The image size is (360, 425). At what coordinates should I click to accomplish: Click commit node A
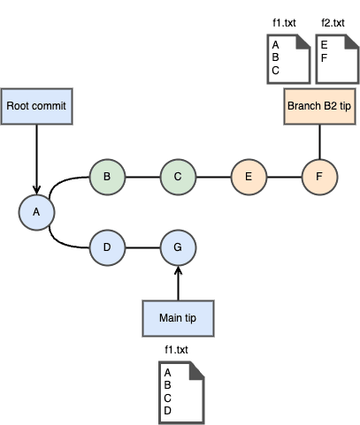click(36, 212)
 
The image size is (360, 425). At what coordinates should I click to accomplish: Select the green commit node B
click(107, 177)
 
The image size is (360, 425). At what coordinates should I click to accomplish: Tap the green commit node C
click(178, 177)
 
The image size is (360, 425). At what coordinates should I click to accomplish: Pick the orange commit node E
click(249, 177)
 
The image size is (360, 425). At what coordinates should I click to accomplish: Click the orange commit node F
click(319, 177)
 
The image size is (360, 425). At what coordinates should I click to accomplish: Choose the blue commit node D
click(107, 247)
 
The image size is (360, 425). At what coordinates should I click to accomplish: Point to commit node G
click(178, 247)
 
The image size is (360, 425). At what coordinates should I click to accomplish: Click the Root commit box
click(36, 106)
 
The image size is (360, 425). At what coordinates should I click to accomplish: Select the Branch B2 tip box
click(319, 106)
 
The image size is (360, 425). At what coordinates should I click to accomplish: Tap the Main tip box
click(178, 318)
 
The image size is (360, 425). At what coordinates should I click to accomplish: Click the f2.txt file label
click(333, 23)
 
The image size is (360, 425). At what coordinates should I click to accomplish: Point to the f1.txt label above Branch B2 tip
click(284, 23)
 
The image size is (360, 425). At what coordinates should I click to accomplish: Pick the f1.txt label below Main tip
click(176, 350)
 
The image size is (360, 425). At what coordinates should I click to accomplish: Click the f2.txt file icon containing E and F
click(337, 59)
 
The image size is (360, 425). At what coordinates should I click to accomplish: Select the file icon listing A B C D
click(181, 393)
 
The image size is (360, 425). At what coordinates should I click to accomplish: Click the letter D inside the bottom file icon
click(167, 411)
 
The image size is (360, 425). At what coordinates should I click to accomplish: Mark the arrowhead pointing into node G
click(178, 270)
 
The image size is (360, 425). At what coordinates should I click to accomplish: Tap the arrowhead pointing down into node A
click(36, 190)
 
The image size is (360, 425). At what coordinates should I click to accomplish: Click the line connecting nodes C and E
click(213, 177)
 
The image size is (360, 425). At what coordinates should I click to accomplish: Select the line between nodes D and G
click(142, 247)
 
